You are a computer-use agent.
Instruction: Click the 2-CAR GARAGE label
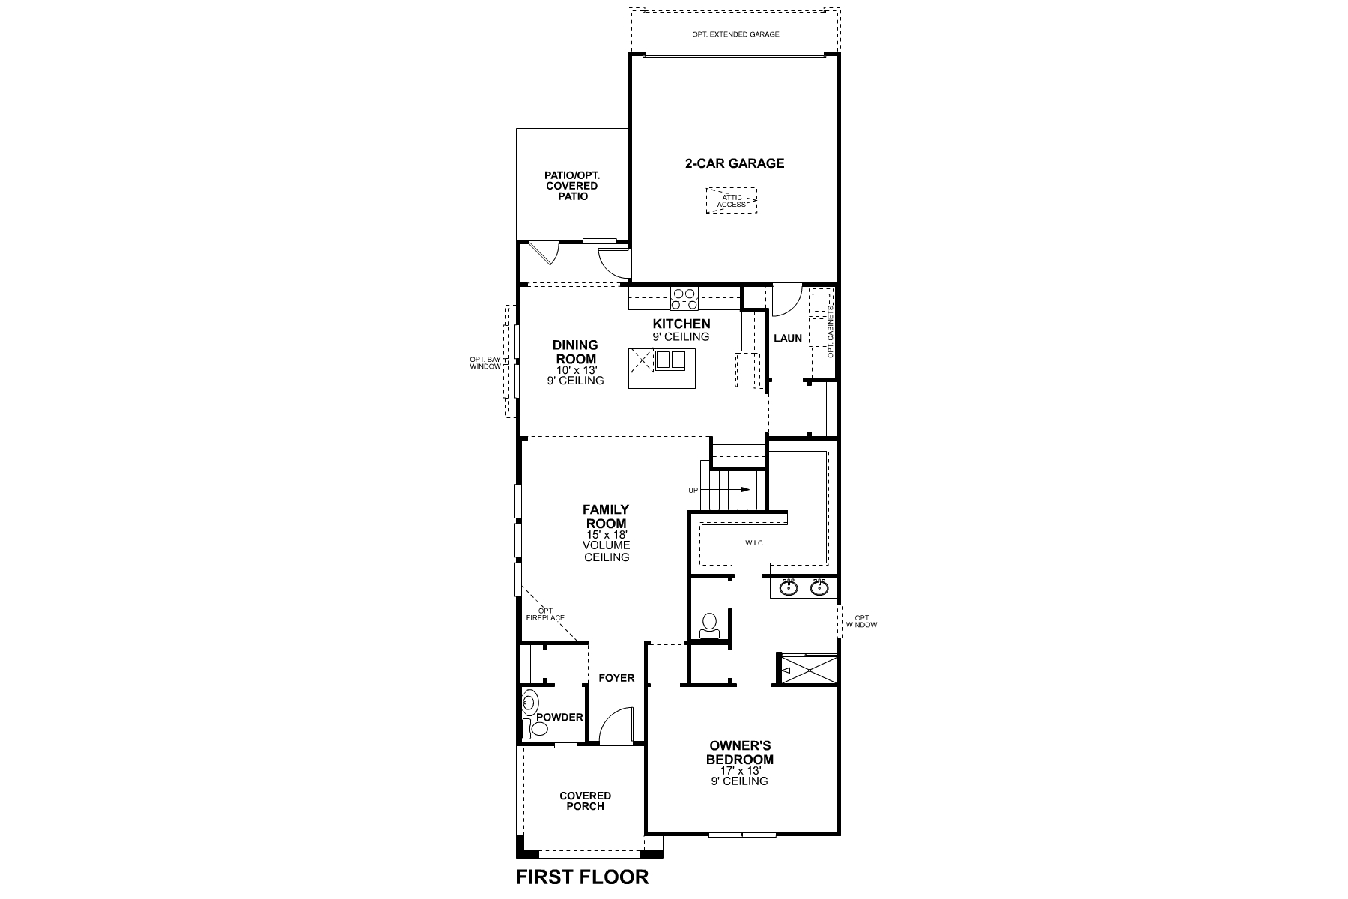[x=734, y=163]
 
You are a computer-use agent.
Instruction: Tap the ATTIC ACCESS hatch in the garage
[x=731, y=201]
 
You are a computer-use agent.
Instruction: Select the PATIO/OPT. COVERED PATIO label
[x=572, y=186]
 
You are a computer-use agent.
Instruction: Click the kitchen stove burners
[x=684, y=299]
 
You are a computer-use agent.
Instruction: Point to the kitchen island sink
[x=670, y=361]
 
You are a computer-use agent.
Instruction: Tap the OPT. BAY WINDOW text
[x=485, y=363]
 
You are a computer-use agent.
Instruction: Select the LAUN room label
[x=788, y=338]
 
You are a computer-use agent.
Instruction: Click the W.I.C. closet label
[x=755, y=543]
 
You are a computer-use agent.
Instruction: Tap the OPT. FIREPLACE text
[x=546, y=614]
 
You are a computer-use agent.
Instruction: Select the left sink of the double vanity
[x=789, y=587]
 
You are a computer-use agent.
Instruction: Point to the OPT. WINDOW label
[x=861, y=621]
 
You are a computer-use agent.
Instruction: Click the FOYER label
[x=616, y=678]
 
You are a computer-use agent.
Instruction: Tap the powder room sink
[x=529, y=703]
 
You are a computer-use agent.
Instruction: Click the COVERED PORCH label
[x=585, y=801]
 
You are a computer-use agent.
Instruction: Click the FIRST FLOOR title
[x=583, y=877]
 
